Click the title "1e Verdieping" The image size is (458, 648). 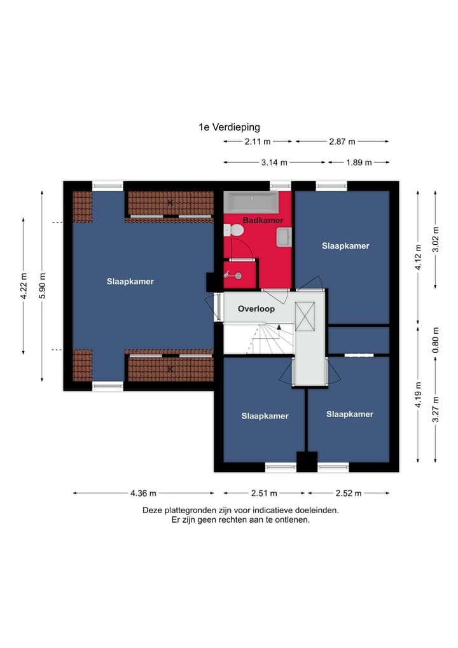click(x=229, y=127)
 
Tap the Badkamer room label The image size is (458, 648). click(x=263, y=220)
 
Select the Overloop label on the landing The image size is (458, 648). click(x=256, y=308)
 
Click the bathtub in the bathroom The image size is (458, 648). click(x=251, y=202)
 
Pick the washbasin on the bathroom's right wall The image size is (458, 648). click(x=284, y=238)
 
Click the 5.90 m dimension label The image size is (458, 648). click(x=43, y=285)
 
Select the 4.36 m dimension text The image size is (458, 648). click(x=143, y=493)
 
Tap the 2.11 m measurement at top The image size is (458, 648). click(x=258, y=142)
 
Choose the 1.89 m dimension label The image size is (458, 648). click(x=359, y=162)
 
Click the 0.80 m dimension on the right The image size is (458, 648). click(x=436, y=340)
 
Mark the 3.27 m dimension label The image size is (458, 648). click(x=436, y=409)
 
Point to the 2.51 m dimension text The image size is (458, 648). click(x=264, y=493)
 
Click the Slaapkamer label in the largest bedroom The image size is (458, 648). click(x=130, y=282)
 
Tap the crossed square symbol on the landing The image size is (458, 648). click(x=305, y=317)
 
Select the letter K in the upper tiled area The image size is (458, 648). click(x=170, y=203)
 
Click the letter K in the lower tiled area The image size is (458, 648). click(x=170, y=369)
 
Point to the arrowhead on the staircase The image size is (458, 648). click(x=279, y=327)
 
